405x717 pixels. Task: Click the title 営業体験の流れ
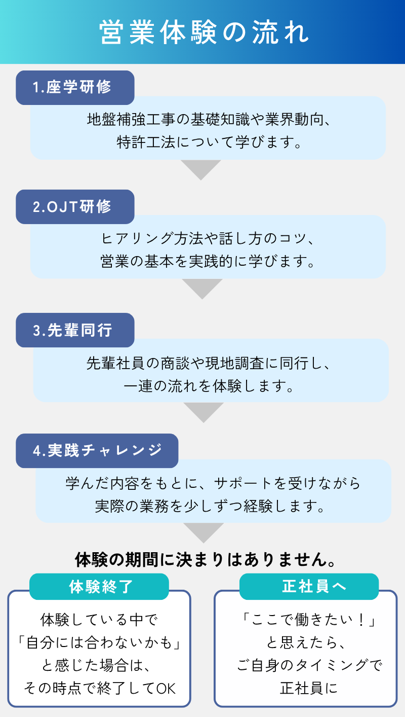[x=204, y=32]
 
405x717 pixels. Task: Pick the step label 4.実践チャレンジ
[x=97, y=451]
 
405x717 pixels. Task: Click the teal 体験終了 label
[x=99, y=586]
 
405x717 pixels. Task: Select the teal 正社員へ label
[x=309, y=586]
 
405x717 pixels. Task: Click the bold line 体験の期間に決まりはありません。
[x=205, y=560]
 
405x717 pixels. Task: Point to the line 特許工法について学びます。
[x=209, y=142]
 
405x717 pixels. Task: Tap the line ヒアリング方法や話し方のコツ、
[x=208, y=239]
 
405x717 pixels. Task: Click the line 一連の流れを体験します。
[x=209, y=386]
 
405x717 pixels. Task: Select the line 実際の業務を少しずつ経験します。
[x=210, y=507]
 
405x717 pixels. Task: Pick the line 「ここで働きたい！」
[x=309, y=620]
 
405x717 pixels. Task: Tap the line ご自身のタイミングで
[x=309, y=665]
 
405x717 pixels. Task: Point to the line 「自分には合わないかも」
[x=99, y=643]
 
